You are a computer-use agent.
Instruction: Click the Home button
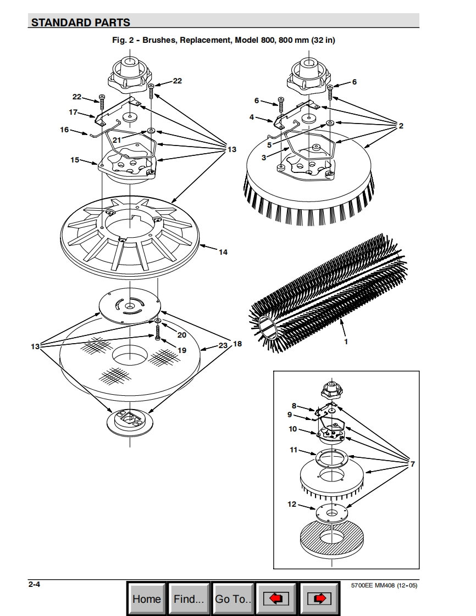pos(147,598)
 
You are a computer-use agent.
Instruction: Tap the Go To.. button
pos(233,598)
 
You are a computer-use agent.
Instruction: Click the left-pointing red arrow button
pos(276,598)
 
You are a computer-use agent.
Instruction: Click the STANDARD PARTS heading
pos(81,23)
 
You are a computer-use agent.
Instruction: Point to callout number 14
pos(223,252)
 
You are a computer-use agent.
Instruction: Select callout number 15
pos(75,160)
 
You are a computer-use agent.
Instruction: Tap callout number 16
pos(64,130)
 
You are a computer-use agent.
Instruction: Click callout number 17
pos(73,112)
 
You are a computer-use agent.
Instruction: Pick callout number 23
pos(223,345)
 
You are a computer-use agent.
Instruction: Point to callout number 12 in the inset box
pos(292,504)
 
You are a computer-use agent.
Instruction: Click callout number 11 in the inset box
pos(294,450)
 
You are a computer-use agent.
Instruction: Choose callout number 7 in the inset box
pos(412,464)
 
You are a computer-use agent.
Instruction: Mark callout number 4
pos(251,117)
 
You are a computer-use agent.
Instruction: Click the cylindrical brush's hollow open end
pos(269,329)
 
